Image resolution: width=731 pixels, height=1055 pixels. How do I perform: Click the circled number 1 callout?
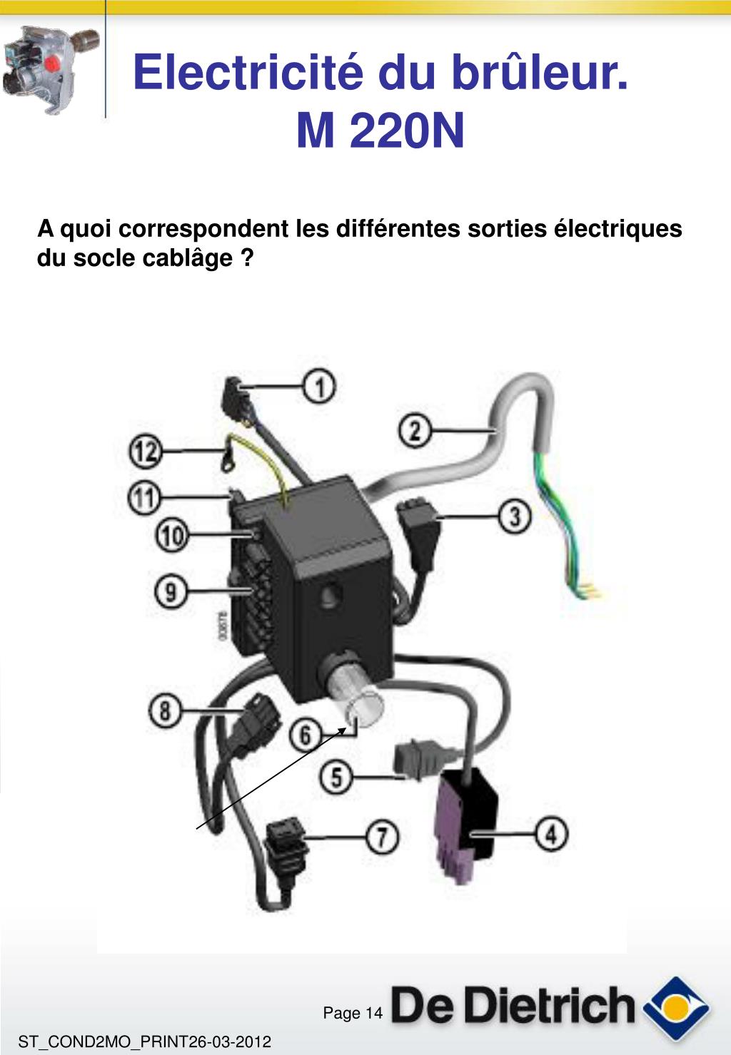click(x=321, y=387)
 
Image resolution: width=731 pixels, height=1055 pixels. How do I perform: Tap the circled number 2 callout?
click(x=415, y=431)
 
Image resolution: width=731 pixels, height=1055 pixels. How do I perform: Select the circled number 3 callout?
click(x=514, y=516)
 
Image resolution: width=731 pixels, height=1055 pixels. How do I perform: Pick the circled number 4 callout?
click(x=551, y=833)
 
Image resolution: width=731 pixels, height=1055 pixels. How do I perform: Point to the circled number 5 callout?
click(x=337, y=776)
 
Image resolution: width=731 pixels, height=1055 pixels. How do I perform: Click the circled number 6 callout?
click(x=306, y=735)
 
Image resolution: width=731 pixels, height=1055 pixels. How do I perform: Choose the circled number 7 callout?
click(x=383, y=837)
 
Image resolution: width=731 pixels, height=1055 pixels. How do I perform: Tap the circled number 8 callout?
click(x=166, y=711)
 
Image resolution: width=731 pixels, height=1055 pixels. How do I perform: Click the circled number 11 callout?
click(x=144, y=497)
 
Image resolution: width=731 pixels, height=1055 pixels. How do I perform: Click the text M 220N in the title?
click(x=380, y=131)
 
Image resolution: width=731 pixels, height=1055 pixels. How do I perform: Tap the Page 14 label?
click(x=353, y=1013)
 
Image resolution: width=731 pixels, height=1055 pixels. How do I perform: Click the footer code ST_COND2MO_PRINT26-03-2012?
click(x=145, y=1041)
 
